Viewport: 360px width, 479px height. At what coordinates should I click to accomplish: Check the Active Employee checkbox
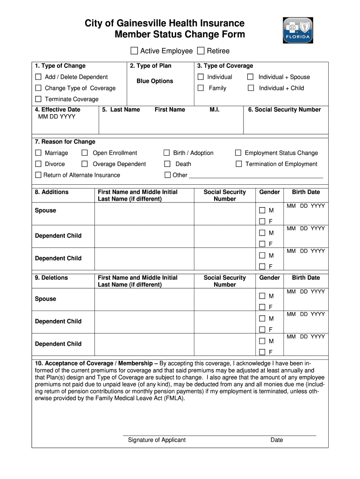(134, 51)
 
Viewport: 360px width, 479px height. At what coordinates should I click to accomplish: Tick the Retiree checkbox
(201, 51)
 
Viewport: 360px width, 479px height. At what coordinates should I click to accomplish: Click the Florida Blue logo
(298, 30)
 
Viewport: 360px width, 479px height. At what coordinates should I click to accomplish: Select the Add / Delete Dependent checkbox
(38, 77)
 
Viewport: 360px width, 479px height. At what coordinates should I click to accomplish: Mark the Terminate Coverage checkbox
(38, 99)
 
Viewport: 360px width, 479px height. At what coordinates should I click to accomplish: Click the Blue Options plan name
(155, 81)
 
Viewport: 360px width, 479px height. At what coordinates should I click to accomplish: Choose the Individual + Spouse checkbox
(251, 77)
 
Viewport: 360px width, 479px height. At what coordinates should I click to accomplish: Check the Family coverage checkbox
(201, 88)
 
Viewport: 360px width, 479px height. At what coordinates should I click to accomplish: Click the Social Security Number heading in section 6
(284, 109)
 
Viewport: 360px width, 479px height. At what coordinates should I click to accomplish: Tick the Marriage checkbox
(38, 153)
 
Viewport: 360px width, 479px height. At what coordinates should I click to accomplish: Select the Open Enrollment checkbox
(85, 153)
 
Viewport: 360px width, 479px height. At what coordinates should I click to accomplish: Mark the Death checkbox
(167, 164)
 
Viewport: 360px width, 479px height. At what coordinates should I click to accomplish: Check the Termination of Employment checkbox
(239, 164)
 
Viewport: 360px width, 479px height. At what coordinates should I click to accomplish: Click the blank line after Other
(255, 176)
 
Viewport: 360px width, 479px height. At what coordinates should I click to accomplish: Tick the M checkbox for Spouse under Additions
(262, 210)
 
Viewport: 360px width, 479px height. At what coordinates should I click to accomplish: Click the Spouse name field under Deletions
(144, 299)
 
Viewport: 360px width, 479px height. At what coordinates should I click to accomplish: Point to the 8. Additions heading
(51, 192)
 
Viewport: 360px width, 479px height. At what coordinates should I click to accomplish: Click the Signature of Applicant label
(157, 440)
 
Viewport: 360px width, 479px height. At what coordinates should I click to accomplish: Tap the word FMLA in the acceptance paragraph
(175, 398)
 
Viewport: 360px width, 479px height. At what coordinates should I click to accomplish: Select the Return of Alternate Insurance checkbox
(38, 175)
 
